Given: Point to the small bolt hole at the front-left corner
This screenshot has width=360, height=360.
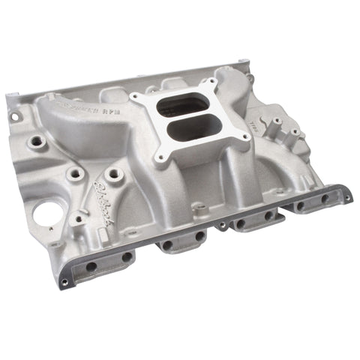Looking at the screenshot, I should point(65,282).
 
